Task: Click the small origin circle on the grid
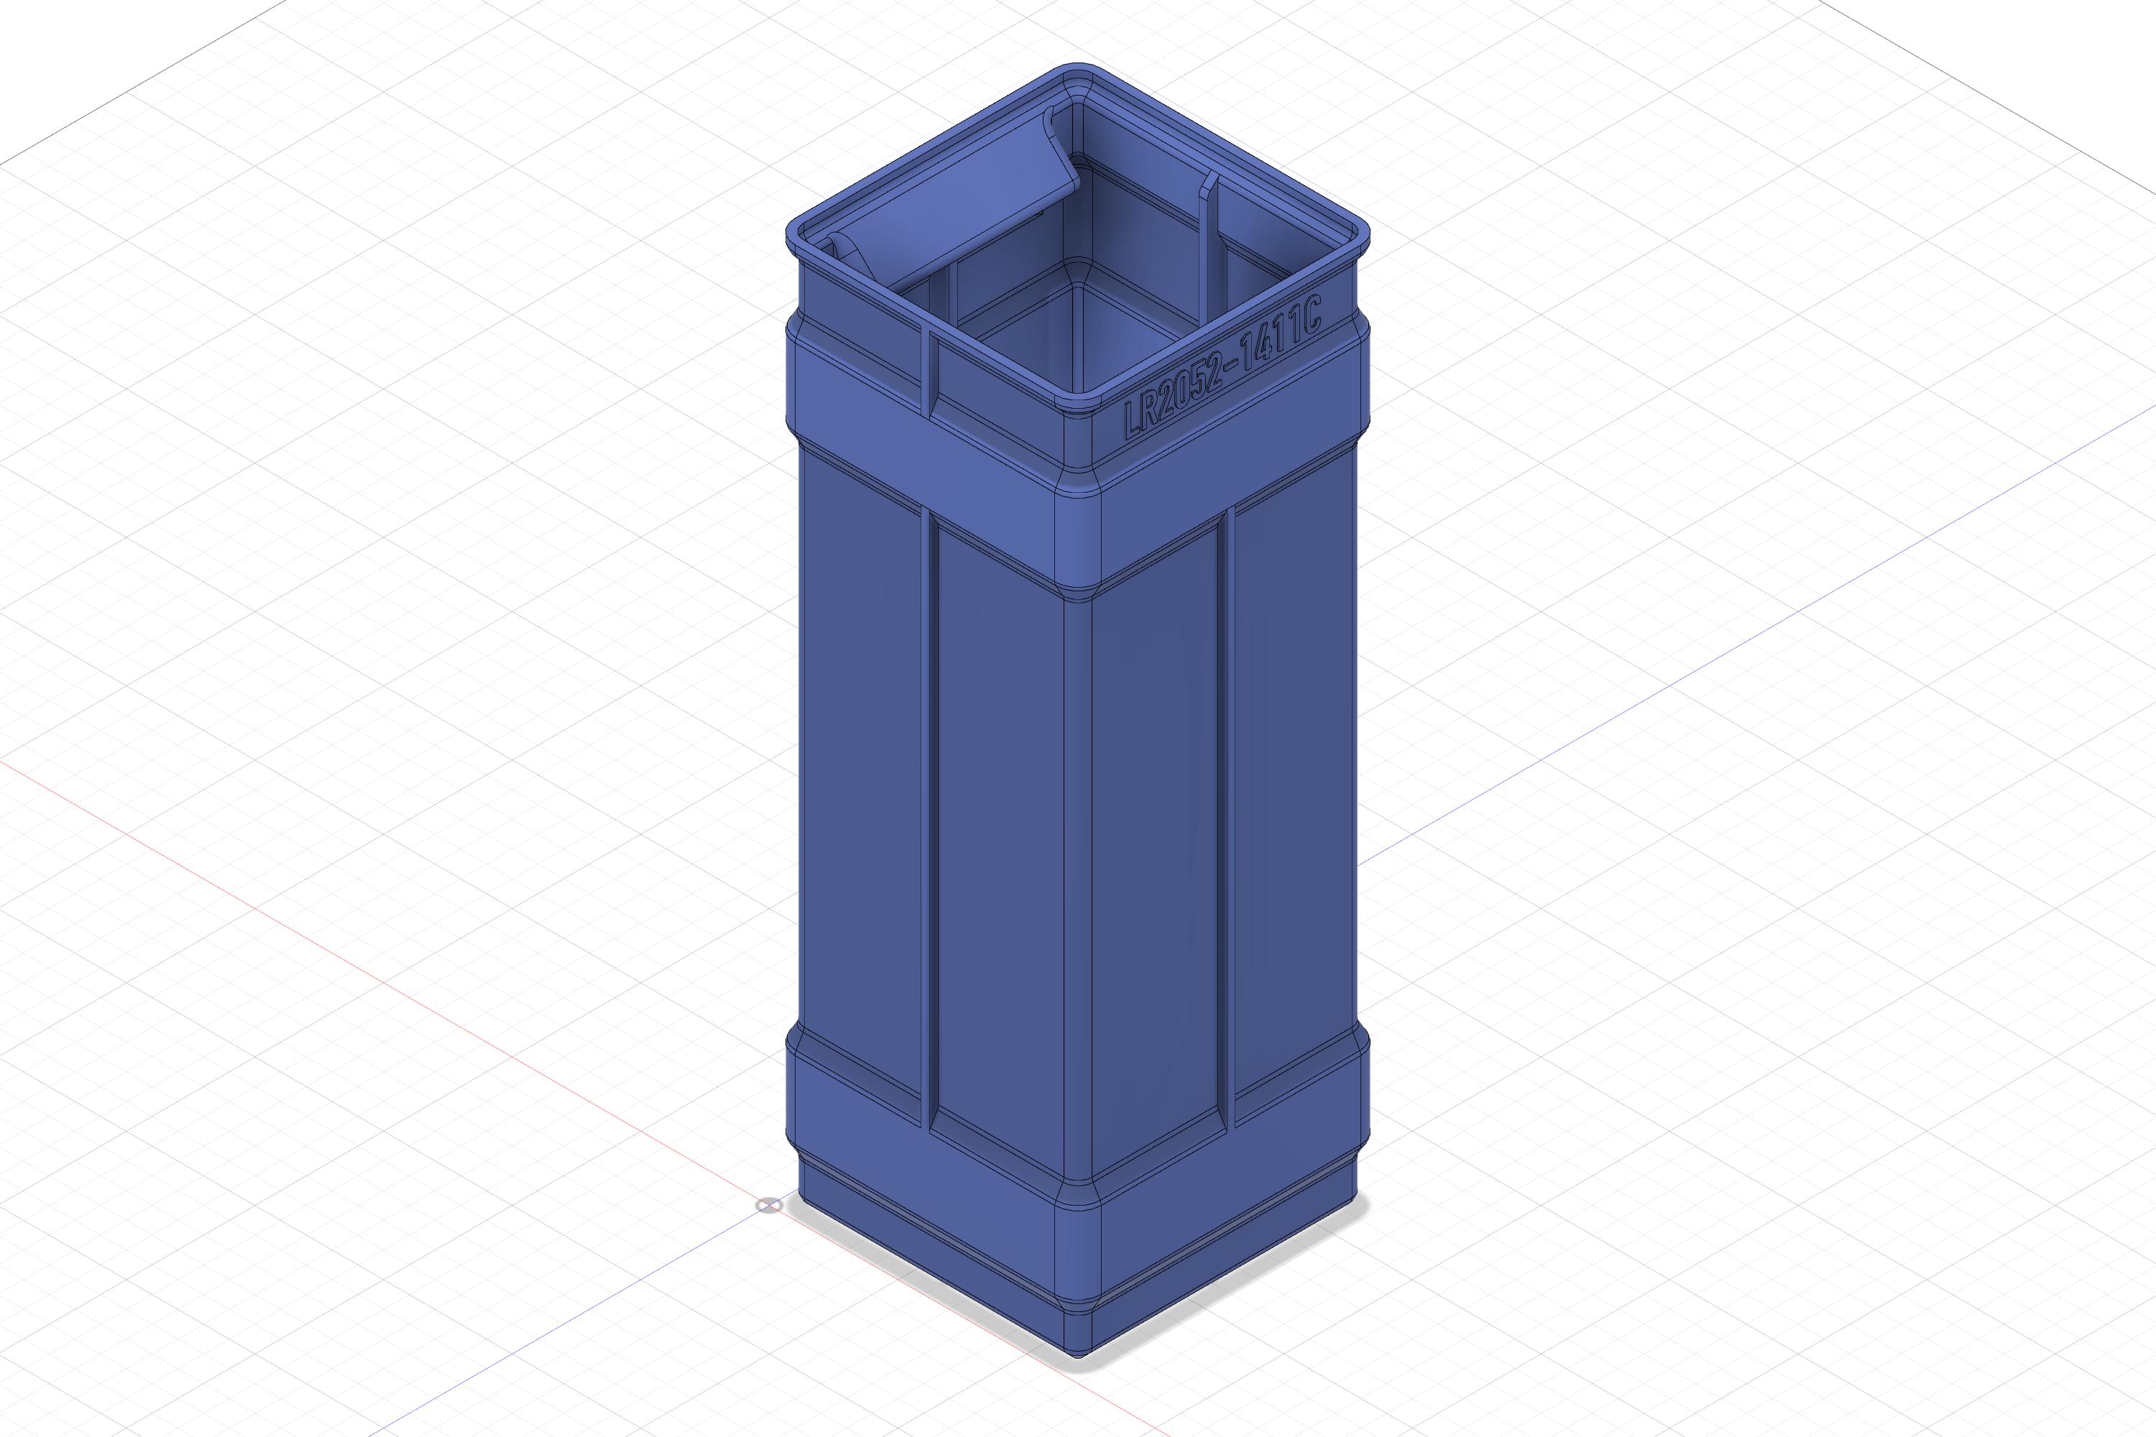(x=769, y=1204)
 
